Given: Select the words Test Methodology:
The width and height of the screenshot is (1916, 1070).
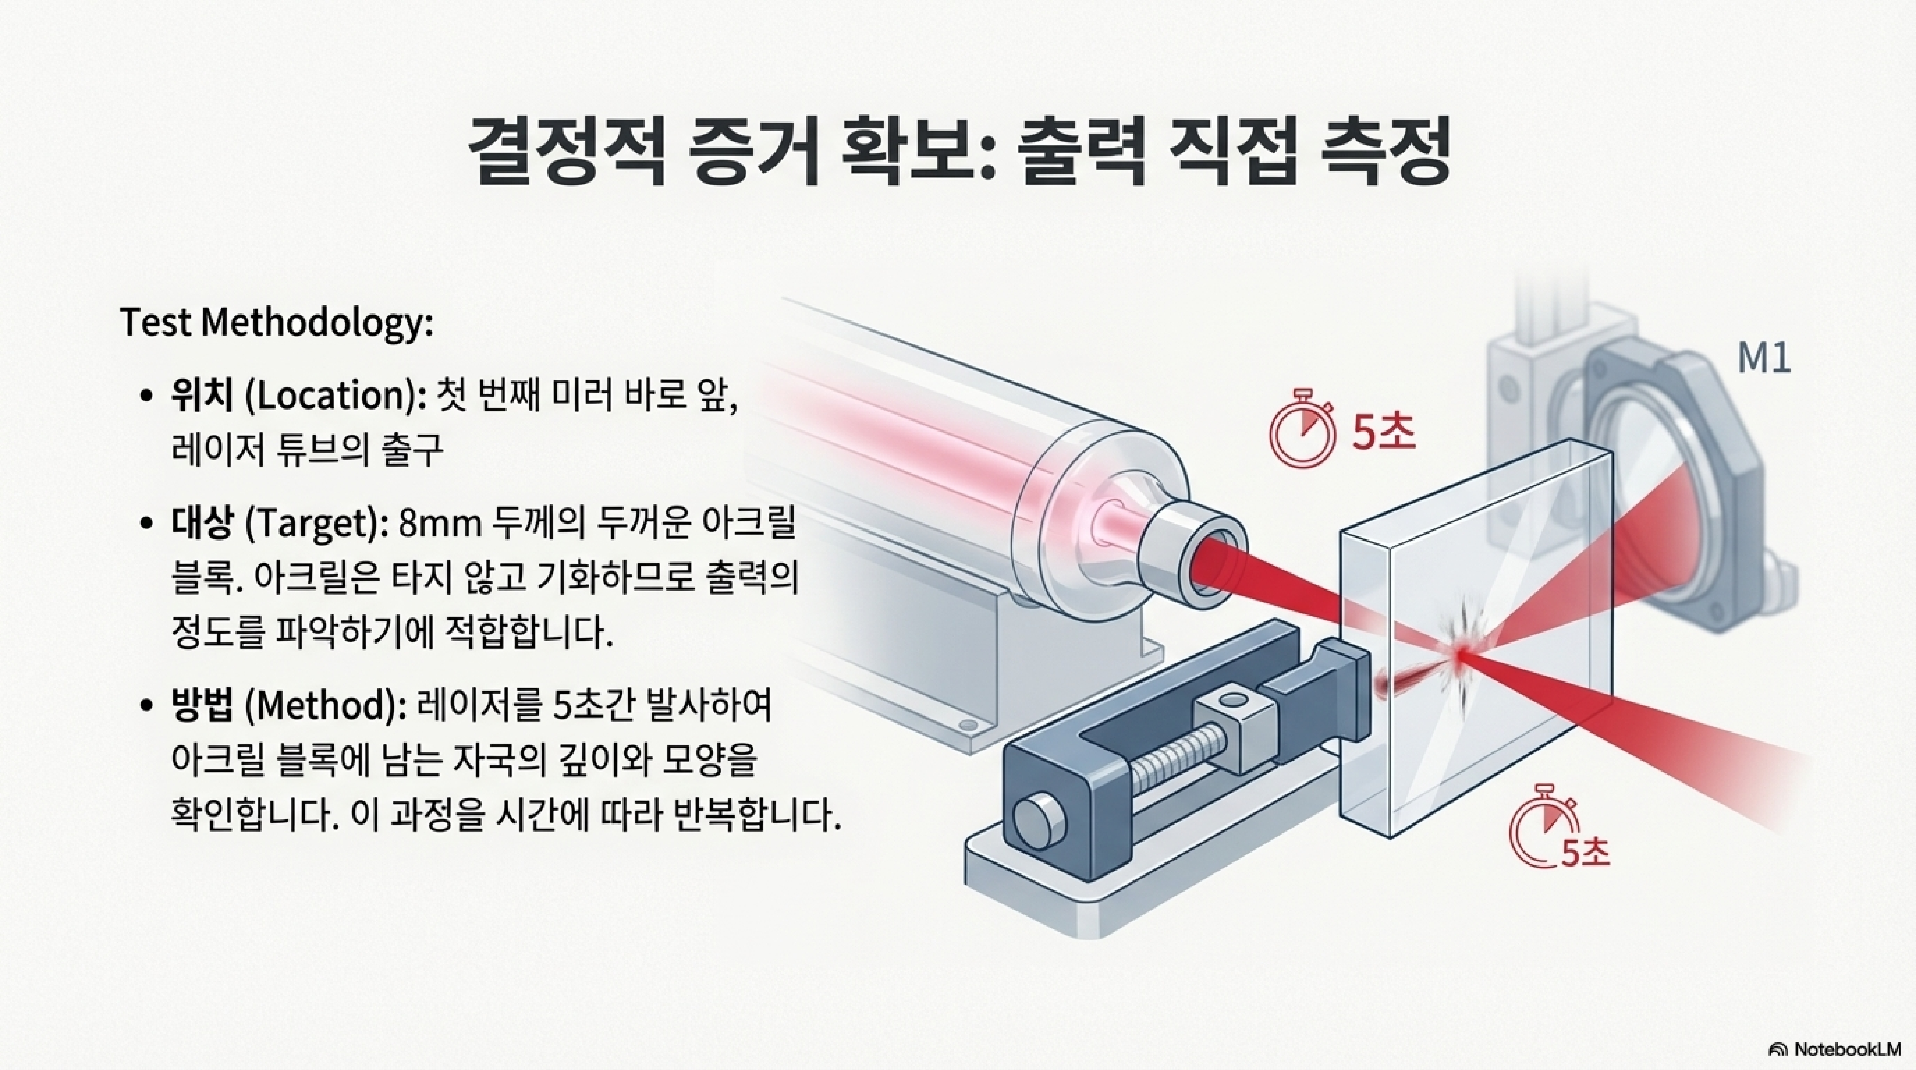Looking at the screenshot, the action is (276, 323).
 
